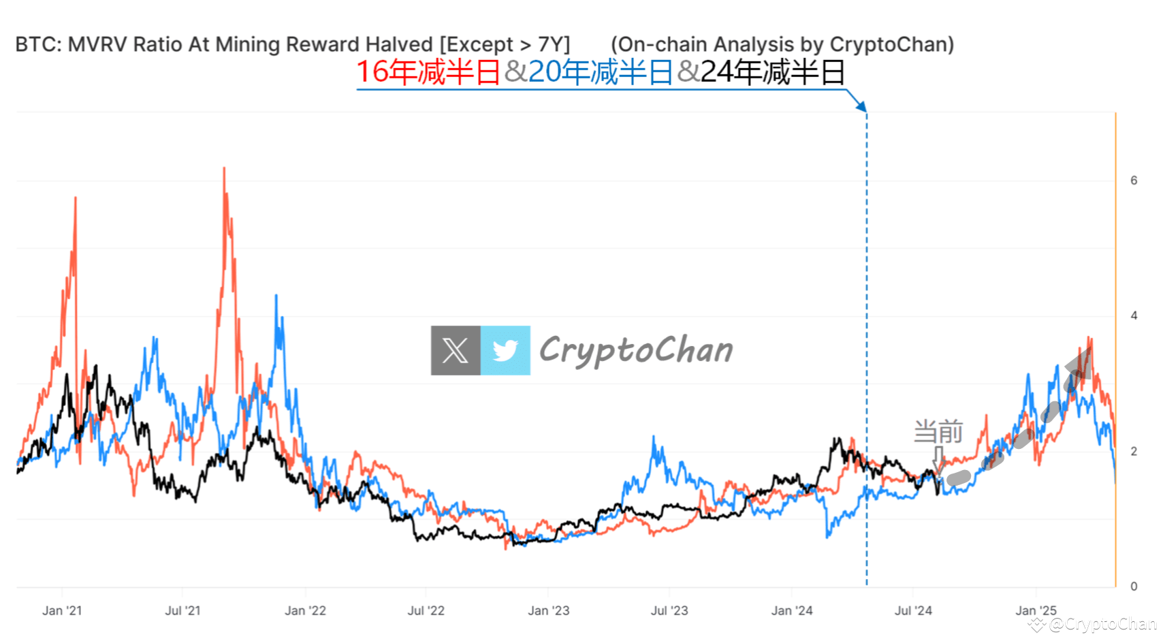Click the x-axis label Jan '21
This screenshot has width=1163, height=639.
[x=62, y=610]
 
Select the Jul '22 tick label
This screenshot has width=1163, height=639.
[x=426, y=610]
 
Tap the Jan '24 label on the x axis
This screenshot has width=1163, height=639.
[x=791, y=610]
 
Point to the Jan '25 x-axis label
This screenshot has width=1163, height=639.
[x=1036, y=610]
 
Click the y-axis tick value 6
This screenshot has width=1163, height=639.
[x=1134, y=181]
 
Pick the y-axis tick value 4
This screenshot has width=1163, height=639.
[x=1134, y=315]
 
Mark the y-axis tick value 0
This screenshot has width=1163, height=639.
[x=1134, y=587]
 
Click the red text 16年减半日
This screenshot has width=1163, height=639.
[x=428, y=72]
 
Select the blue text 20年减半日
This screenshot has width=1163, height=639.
[x=600, y=72]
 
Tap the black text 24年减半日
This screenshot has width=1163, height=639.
[x=773, y=72]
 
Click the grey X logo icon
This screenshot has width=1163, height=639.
[x=456, y=351]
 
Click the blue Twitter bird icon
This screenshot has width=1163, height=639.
[x=505, y=351]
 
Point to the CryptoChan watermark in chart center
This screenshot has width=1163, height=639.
[x=636, y=350]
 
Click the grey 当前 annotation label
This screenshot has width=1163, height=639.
[x=938, y=432]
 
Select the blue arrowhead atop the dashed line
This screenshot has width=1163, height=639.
[x=862, y=106]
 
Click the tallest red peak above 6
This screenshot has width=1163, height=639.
[x=224, y=170]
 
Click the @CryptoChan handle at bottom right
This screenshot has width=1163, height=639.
[x=1102, y=624]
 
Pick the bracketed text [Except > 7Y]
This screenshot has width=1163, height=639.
[x=505, y=44]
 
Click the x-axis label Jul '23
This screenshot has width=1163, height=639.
[x=669, y=610]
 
